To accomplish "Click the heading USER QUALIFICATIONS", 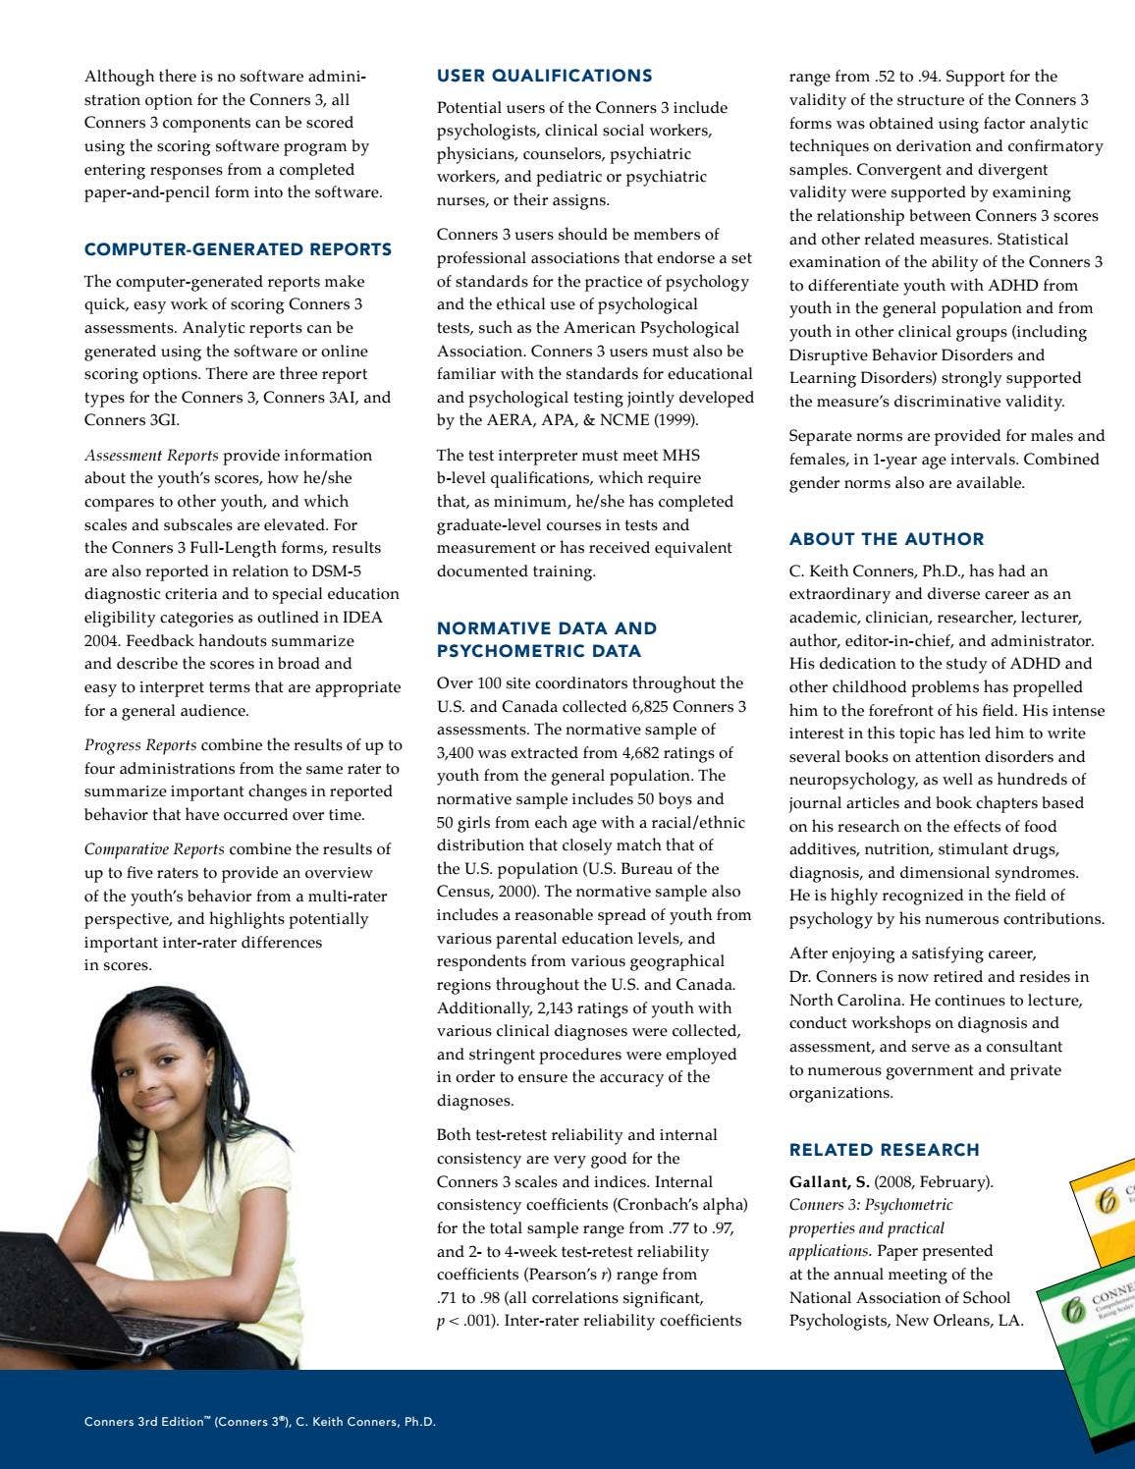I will [x=544, y=76].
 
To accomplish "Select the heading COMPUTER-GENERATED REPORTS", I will [x=238, y=249].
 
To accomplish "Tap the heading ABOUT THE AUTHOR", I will [x=886, y=539].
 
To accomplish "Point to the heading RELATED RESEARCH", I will [x=884, y=1150].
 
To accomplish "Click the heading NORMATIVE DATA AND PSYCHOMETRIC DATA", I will [x=546, y=639].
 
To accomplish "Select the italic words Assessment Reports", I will [x=151, y=456].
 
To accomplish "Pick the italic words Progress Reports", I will [x=139, y=745].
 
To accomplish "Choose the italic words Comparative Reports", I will [x=153, y=849].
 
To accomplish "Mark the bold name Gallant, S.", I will [x=829, y=1182].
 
